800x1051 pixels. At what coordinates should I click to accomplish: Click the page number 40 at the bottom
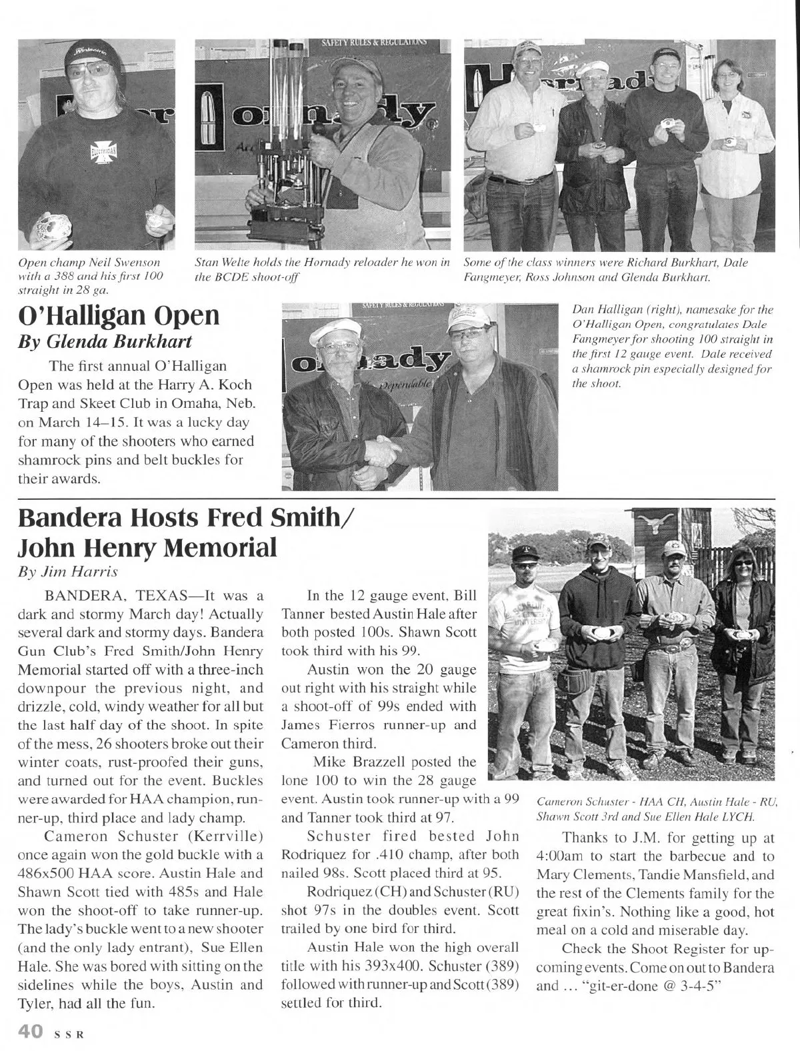[31, 1032]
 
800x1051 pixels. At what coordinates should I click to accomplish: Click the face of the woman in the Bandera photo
[743, 568]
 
